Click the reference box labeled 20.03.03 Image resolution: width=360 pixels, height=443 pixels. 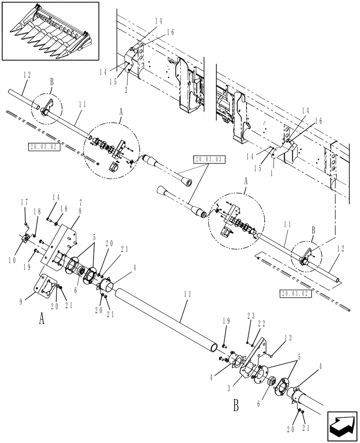tap(209, 159)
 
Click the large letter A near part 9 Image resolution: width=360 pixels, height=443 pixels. tap(42, 319)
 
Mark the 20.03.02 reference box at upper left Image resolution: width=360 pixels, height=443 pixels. tap(43, 147)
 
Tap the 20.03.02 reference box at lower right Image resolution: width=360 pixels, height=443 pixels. tap(296, 293)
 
